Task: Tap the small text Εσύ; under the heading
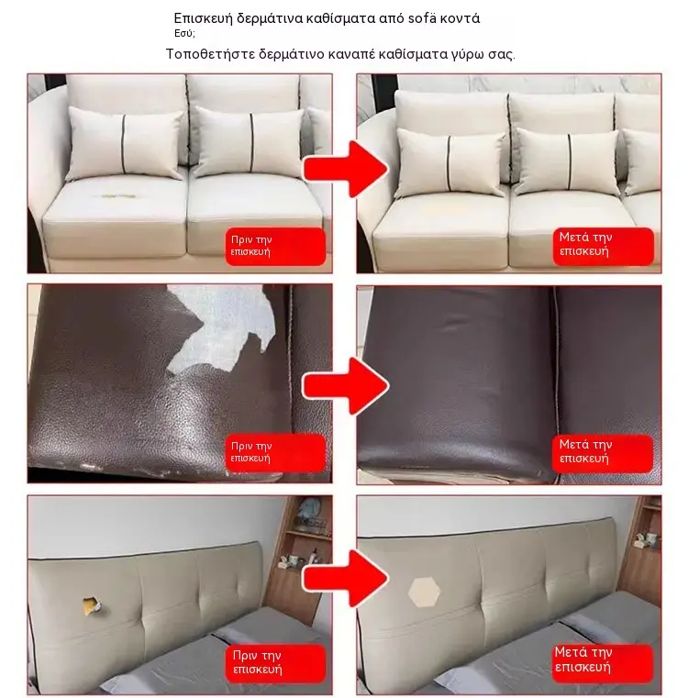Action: [184, 33]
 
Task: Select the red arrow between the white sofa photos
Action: [346, 169]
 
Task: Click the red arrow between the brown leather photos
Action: [346, 386]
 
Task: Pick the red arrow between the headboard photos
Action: [346, 578]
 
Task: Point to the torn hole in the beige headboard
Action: [92, 606]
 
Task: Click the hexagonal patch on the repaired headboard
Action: [424, 593]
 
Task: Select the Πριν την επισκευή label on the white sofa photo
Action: [275, 246]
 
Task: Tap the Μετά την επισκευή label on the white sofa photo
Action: [604, 246]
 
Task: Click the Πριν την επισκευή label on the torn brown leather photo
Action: [275, 453]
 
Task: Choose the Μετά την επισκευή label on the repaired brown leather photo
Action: [603, 453]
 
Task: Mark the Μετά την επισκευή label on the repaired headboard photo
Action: [603, 663]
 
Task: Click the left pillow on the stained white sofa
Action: [124, 143]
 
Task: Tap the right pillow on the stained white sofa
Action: [249, 142]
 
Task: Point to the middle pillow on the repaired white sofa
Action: [567, 162]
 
